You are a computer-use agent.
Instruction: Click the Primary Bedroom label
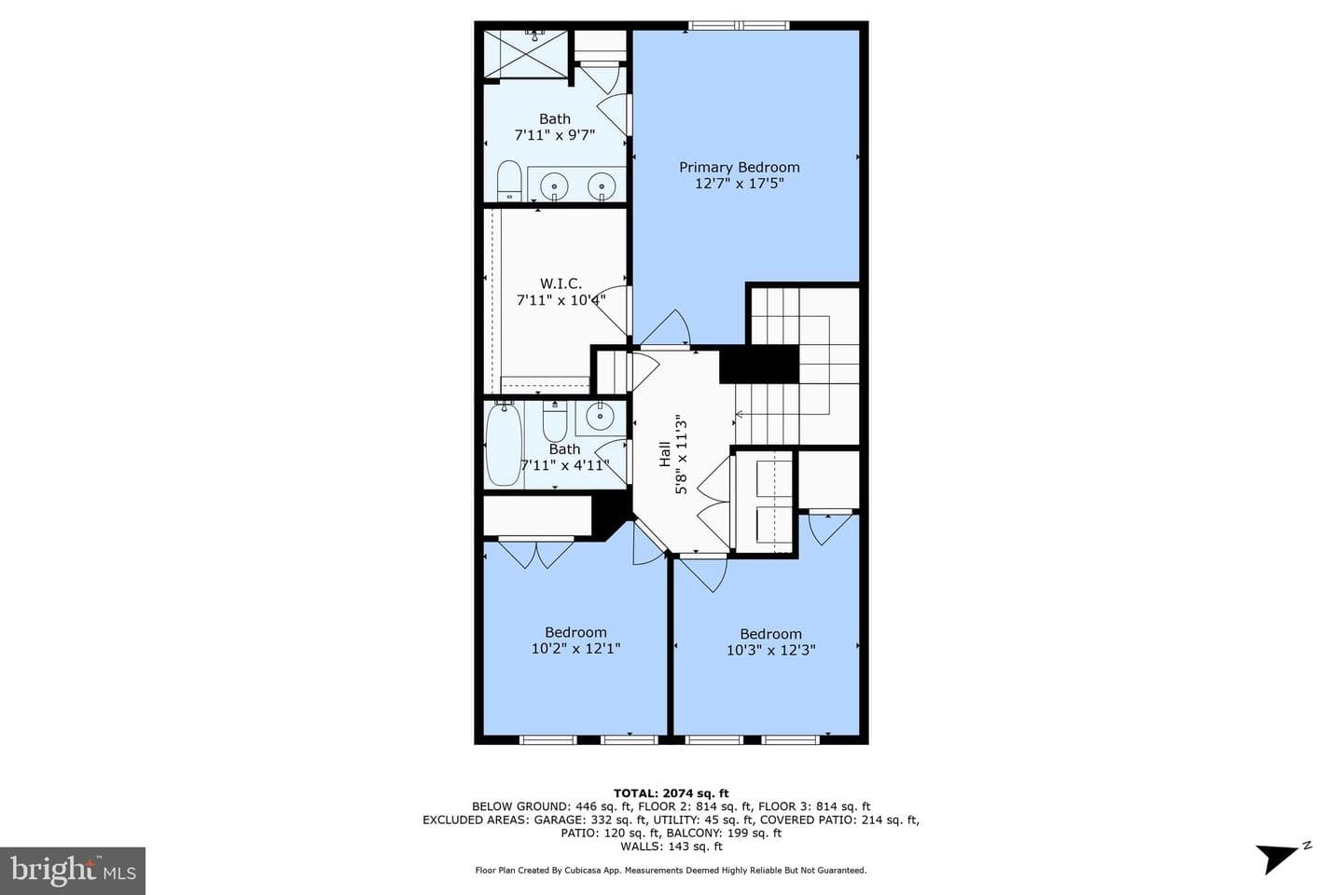[740, 167]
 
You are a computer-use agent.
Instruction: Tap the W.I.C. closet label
[561, 282]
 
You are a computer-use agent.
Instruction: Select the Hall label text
[665, 454]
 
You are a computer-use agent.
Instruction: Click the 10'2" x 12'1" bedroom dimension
[575, 648]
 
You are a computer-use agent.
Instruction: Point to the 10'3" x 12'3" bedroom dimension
[771, 650]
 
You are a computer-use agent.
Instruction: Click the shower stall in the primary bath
[526, 54]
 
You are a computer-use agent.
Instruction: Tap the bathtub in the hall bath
[504, 444]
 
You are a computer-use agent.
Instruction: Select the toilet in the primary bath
[509, 181]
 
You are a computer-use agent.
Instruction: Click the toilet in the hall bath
[555, 420]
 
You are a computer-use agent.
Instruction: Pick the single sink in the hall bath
[600, 417]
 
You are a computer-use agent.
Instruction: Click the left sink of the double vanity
[554, 186]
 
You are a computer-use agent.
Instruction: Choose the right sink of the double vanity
[602, 186]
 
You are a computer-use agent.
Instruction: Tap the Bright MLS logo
[73, 871]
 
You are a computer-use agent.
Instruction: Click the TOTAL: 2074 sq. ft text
[671, 793]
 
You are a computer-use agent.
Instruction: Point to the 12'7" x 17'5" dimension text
[740, 184]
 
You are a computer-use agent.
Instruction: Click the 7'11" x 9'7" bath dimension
[555, 135]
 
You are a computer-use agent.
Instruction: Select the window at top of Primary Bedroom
[739, 25]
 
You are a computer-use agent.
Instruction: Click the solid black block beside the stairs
[759, 365]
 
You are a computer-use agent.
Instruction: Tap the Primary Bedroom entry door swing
[667, 328]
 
